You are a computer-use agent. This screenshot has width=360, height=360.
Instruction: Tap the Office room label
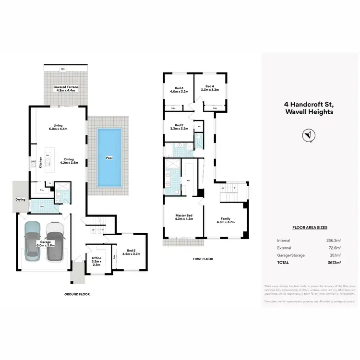tap(96, 260)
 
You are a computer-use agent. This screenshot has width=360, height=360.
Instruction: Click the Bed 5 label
tap(131, 252)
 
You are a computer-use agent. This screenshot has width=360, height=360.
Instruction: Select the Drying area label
tap(20, 199)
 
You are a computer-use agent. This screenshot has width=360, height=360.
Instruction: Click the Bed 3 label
tap(179, 90)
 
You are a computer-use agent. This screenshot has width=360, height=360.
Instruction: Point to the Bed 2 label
tap(179, 127)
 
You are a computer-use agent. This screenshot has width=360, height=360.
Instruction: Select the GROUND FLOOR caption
tap(77, 294)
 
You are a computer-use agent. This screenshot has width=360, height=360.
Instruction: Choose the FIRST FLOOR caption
tap(204, 259)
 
